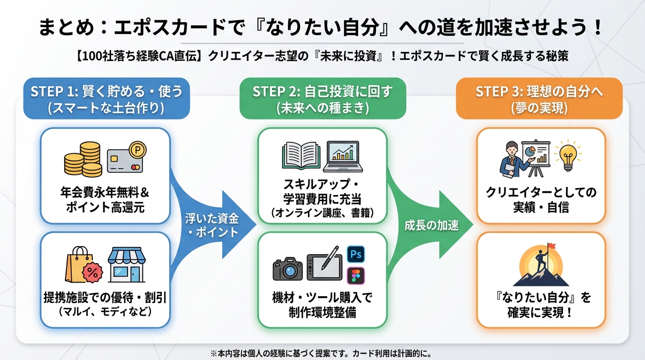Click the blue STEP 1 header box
[106, 98]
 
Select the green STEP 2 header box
[322, 98]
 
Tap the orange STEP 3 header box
[539, 98]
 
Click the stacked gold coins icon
[83, 159]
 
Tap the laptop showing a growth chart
[345, 156]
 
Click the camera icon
[288, 268]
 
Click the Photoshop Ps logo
[356, 255]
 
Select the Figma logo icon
[356, 276]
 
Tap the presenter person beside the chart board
[510, 159]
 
